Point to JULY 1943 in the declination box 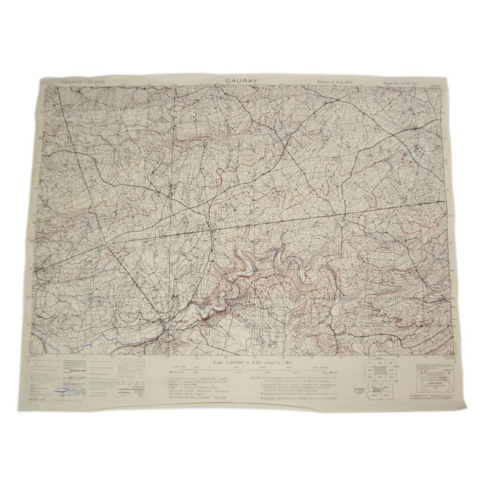(x=427, y=383)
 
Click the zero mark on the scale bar (x=209, y=370)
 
